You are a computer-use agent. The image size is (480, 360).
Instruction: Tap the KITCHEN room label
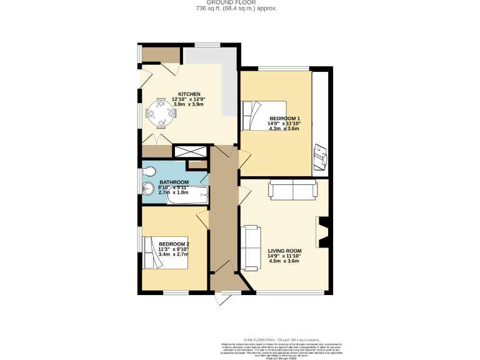tap(187, 94)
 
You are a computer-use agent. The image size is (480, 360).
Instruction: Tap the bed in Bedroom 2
tap(164, 252)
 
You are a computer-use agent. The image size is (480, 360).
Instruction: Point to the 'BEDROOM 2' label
tap(174, 244)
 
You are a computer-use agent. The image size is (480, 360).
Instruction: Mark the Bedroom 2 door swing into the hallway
tap(203, 219)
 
